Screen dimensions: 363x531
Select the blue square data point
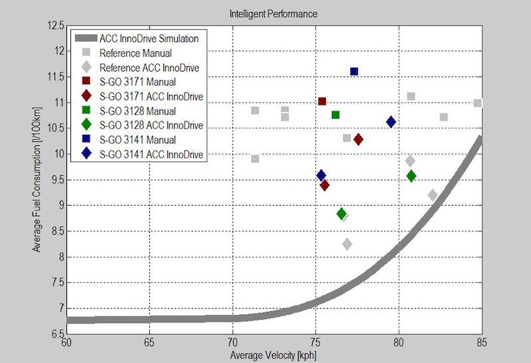coord(354,71)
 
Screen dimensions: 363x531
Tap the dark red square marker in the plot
coord(322,101)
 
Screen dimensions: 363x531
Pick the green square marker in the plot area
coord(335,115)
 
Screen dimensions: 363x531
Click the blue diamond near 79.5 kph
coord(391,121)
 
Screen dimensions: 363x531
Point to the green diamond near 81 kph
coord(411,176)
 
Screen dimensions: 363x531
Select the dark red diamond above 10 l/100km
coord(358,139)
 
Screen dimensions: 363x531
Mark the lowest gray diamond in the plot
coord(346,244)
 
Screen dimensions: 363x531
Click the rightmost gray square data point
coord(477,103)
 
